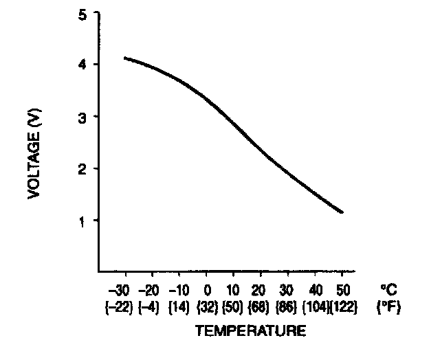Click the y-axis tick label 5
point(82,14)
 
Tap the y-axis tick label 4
point(82,65)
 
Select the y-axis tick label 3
point(82,117)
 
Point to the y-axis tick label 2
point(82,168)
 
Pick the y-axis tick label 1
point(82,221)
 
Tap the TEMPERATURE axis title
point(250,331)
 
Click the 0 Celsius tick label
point(207,289)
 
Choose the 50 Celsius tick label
point(342,289)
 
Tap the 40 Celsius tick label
point(316,289)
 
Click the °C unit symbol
point(388,289)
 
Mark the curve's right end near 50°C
point(342,212)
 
